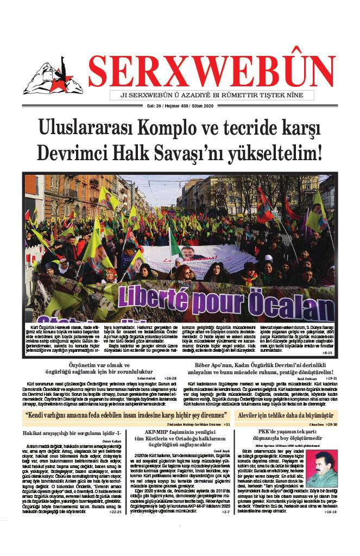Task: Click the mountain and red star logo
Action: pyautogui.click(x=52, y=79)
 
